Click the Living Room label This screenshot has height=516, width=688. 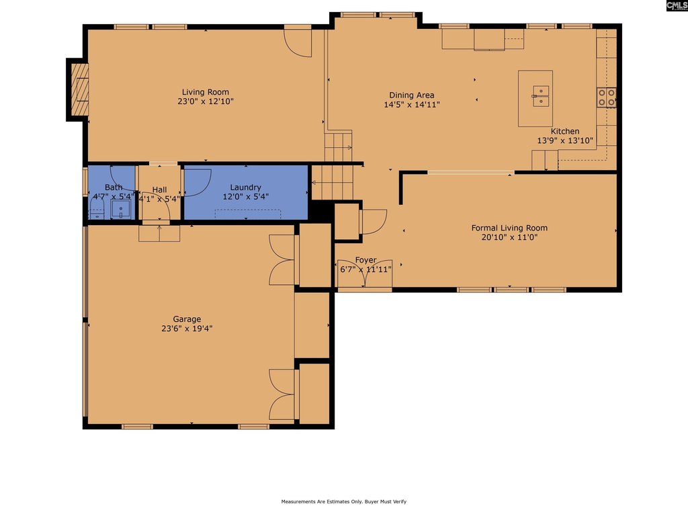click(206, 92)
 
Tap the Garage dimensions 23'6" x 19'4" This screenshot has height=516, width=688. click(187, 328)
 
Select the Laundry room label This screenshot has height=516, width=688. click(245, 187)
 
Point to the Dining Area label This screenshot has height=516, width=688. click(412, 95)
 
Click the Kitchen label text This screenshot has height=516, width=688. click(564, 131)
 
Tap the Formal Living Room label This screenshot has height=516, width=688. click(509, 228)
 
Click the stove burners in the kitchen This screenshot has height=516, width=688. click(607, 97)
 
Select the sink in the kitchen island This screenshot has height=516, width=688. click(541, 96)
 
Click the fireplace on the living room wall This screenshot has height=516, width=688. click(80, 89)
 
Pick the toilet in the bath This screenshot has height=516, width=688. click(97, 210)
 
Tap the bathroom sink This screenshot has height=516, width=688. click(121, 210)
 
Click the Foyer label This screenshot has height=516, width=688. click(365, 260)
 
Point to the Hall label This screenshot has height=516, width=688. click(159, 189)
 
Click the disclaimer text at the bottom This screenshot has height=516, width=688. click(343, 501)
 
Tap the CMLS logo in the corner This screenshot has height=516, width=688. click(677, 5)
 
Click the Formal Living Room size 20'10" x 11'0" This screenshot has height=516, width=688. click(509, 237)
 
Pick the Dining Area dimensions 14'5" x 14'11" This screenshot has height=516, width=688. click(412, 104)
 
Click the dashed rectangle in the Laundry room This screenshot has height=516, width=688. click(248, 214)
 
